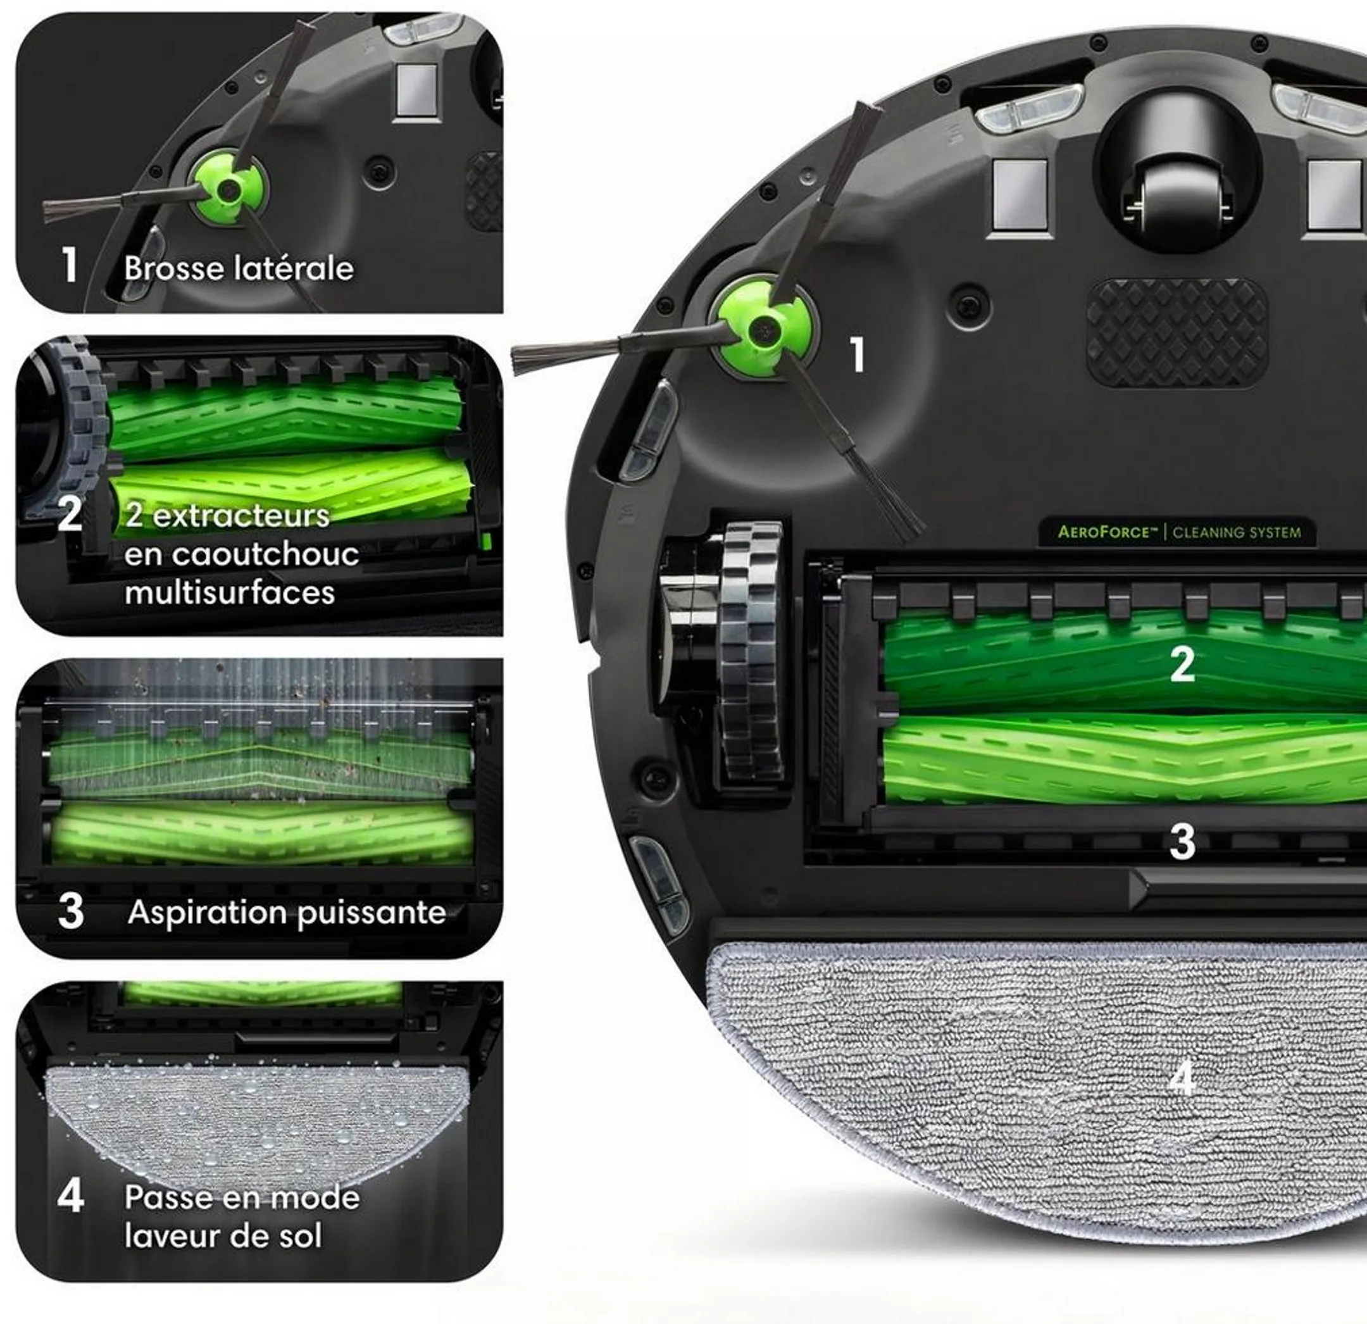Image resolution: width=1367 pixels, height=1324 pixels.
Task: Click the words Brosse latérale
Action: point(239,268)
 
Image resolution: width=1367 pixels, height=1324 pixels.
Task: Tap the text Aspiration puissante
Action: point(287,913)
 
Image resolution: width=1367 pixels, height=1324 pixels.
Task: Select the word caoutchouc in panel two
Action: point(241,554)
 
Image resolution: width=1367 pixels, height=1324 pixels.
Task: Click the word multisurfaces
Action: point(230,593)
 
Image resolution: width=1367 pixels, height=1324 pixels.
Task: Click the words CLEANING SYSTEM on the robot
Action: point(1237,533)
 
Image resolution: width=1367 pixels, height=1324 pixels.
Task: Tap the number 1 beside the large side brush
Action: point(858,354)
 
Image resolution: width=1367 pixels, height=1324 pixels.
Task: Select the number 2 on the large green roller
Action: point(1182,664)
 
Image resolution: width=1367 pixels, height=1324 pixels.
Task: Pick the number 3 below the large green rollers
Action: point(1182,842)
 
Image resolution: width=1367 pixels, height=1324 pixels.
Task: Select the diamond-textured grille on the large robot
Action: point(1177,333)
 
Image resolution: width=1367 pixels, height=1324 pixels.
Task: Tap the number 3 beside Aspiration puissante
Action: point(70,912)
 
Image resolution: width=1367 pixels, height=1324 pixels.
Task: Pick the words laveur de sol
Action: point(223,1236)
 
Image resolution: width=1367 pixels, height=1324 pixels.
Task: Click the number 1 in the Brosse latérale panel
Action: point(69,265)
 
